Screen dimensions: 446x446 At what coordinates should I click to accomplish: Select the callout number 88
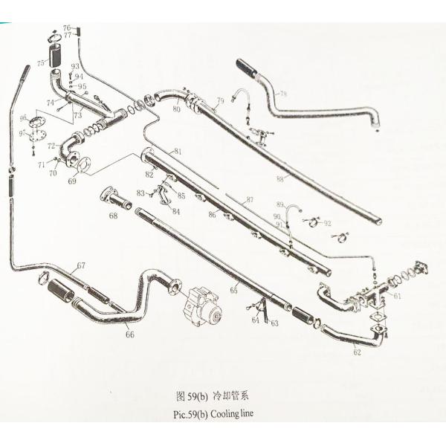click(x=280, y=178)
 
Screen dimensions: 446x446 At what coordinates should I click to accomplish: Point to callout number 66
click(x=130, y=335)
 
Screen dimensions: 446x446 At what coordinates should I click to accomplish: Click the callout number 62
click(x=357, y=352)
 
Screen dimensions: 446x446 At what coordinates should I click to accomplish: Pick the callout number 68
click(x=113, y=216)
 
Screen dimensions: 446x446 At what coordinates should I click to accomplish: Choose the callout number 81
click(x=178, y=152)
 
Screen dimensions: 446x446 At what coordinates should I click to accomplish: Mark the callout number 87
click(x=250, y=200)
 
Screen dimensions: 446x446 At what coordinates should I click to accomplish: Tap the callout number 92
click(x=328, y=223)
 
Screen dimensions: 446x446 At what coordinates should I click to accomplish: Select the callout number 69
click(x=72, y=181)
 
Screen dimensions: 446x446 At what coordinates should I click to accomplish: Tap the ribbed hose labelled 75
click(x=54, y=56)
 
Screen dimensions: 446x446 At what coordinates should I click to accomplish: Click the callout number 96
click(x=23, y=118)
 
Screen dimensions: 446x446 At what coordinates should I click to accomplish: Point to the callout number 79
click(x=220, y=100)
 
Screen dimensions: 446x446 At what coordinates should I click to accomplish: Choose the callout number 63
click(x=274, y=323)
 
